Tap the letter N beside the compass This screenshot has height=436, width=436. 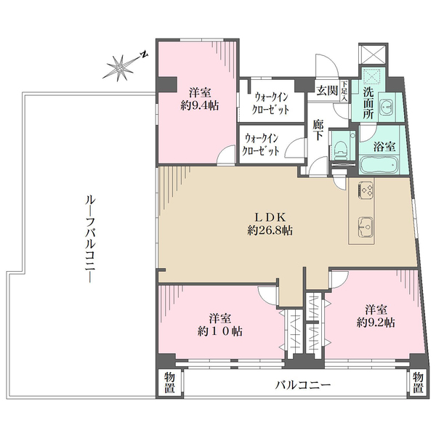coord(144,54)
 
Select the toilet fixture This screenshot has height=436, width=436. coord(342,150)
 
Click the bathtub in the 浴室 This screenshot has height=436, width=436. coord(379,165)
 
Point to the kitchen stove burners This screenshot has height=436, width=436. coord(366,190)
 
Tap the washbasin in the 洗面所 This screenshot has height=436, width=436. coord(387,106)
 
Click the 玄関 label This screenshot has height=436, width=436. coord(327,90)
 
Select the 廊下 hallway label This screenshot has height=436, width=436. coord(318,130)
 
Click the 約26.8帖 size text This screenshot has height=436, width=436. coord(270,230)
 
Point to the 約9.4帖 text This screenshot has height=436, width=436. coord(199,105)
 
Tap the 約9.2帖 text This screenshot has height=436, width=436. coord(376,323)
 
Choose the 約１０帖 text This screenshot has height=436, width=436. coord(220,331)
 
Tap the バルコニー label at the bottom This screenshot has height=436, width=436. coord(303,385)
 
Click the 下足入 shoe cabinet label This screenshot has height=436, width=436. coord(344,91)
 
